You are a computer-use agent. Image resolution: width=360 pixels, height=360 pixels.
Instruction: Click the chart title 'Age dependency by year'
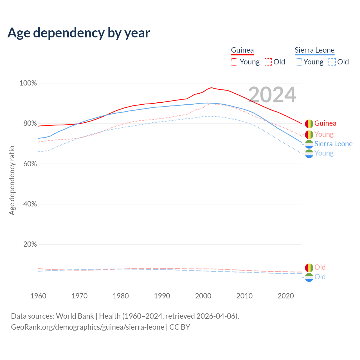[x=79, y=33]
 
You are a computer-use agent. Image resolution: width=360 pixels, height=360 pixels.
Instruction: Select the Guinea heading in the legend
[x=242, y=50]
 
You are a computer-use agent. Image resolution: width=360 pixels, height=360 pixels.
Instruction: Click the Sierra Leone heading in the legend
[x=314, y=50]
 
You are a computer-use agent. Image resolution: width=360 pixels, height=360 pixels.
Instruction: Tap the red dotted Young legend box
[x=234, y=62]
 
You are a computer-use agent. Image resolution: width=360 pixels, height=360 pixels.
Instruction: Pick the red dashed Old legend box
[x=268, y=62]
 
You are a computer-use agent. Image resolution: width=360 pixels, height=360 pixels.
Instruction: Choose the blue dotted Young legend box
[x=298, y=62]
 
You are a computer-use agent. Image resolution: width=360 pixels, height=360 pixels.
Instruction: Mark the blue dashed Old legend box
[x=332, y=62]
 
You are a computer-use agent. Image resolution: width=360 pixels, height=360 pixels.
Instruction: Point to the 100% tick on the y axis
[x=28, y=83]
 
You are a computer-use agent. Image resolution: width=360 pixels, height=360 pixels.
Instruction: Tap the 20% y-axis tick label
[x=30, y=244]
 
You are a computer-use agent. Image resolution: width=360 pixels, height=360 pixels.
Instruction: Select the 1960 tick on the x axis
[x=38, y=296]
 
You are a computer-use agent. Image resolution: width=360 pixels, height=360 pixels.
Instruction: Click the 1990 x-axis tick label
[x=162, y=296]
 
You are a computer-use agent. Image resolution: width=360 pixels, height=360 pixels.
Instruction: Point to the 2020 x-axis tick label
[x=286, y=296]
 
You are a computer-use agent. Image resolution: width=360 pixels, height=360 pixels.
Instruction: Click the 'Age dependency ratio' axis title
[x=12, y=180]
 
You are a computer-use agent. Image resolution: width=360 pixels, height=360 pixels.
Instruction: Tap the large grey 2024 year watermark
[x=272, y=95]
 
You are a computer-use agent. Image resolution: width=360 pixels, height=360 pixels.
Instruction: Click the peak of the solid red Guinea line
[x=211, y=87]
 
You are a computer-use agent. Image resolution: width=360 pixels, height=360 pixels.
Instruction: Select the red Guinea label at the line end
[x=325, y=123]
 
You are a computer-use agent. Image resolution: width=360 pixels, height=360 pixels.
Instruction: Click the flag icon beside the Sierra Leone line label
[x=309, y=144]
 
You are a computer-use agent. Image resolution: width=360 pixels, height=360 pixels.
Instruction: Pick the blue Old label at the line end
[x=320, y=277]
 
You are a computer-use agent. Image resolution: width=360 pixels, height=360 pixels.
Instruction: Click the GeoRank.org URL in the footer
[x=87, y=327]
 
